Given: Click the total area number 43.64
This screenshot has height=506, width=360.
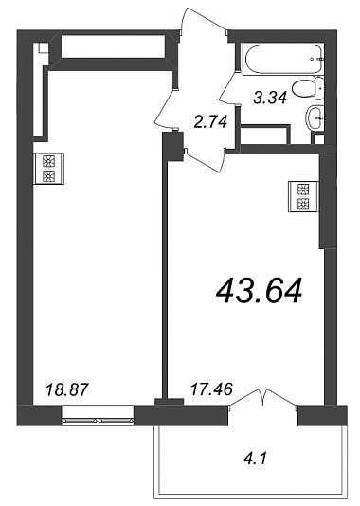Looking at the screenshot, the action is (259, 292).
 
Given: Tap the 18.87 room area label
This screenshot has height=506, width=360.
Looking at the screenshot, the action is (66, 389).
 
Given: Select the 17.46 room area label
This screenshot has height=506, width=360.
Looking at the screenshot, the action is (211, 389).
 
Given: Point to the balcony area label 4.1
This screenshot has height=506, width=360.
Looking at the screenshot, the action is (257, 459).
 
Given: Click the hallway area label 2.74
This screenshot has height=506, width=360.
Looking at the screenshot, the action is (211, 121).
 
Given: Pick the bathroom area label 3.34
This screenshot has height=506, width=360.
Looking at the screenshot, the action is (270, 98).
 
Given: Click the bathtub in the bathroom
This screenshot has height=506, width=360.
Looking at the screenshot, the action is (282, 59).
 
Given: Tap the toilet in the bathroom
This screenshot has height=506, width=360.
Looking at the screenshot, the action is (306, 88).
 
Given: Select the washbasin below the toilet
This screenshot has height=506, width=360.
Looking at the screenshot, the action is (315, 117).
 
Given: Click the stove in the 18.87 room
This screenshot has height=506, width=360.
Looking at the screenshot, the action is (48, 169).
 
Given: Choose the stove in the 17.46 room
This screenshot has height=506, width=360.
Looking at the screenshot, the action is (304, 197).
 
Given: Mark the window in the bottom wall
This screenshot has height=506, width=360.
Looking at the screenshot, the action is (98, 416).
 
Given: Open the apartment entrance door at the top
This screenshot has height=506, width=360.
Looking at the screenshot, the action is (204, 19).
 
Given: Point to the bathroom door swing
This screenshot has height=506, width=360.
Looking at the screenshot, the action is (229, 87).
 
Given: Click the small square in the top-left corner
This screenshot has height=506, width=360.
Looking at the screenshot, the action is (43, 48).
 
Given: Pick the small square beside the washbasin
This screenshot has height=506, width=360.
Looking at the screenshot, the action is (317, 138).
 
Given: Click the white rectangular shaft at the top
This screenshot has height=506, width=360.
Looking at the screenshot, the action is (113, 45).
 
